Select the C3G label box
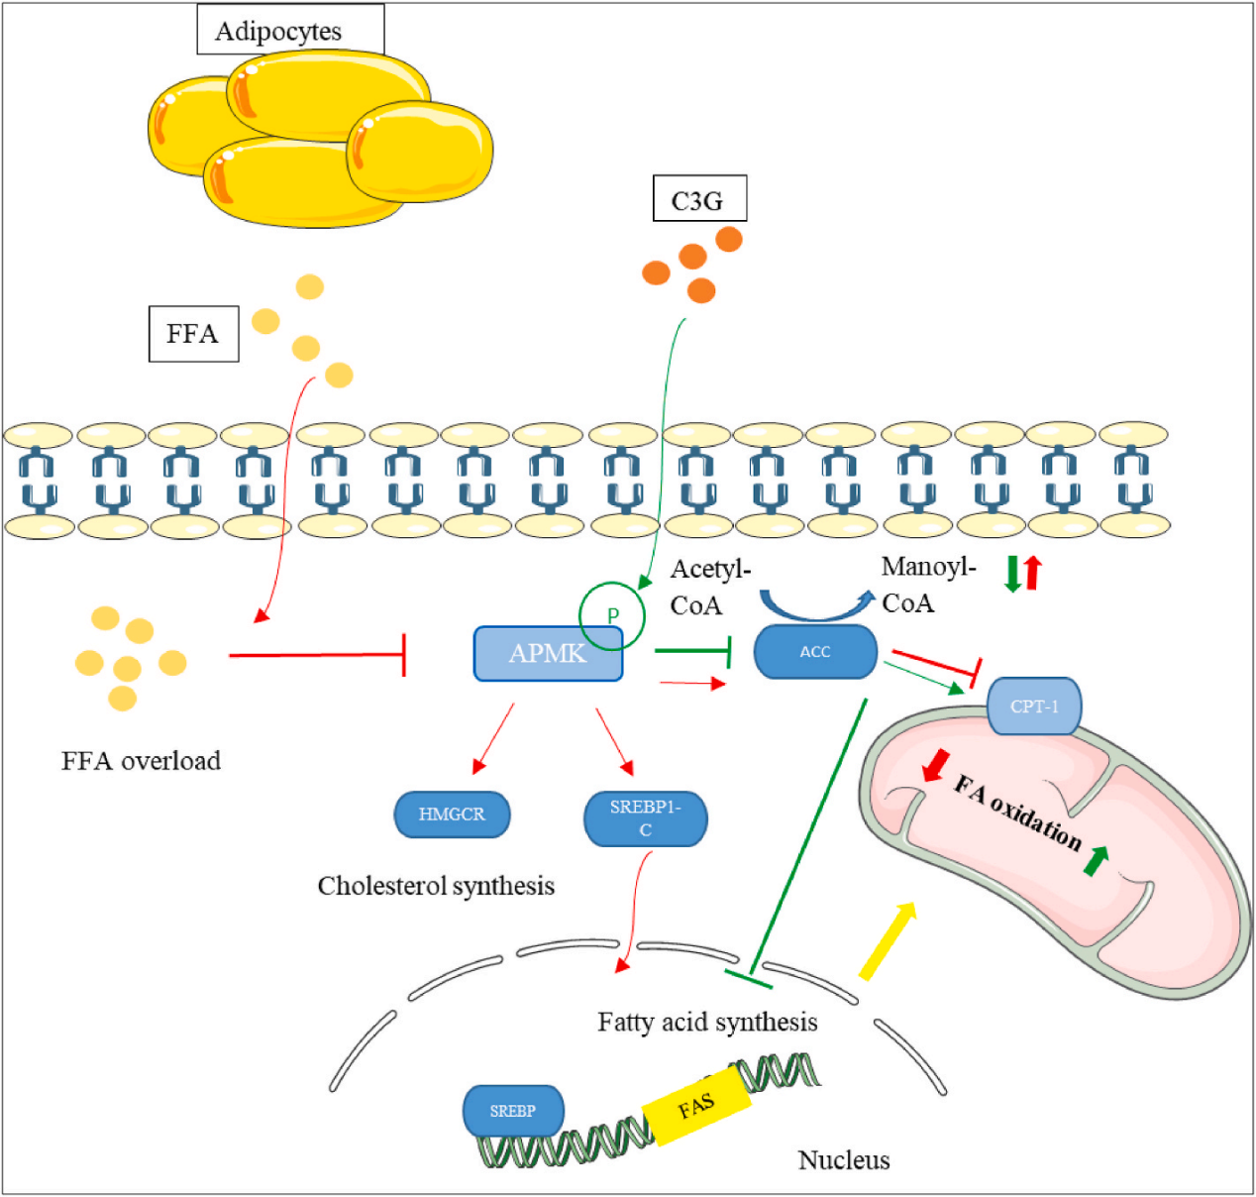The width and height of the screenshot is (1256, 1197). pyautogui.click(x=699, y=199)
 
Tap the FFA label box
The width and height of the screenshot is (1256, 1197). pyautogui.click(x=193, y=333)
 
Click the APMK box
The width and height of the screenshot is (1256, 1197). pyautogui.click(x=548, y=653)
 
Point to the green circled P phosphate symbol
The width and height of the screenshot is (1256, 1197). pyautogui.click(x=612, y=615)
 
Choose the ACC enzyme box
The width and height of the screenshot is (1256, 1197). pyautogui.click(x=815, y=651)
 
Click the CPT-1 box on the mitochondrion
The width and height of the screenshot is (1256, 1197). pyautogui.click(x=1034, y=707)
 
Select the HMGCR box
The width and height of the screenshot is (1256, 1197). pyautogui.click(x=452, y=815)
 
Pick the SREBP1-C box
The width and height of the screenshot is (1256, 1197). pyautogui.click(x=645, y=818)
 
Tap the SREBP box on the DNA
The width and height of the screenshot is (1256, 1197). pyautogui.click(x=513, y=1111)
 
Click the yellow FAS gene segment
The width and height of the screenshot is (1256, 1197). pyautogui.click(x=696, y=1106)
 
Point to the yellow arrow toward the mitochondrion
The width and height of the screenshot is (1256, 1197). pyautogui.click(x=887, y=941)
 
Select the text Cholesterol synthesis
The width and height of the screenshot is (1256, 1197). pyautogui.click(x=436, y=885)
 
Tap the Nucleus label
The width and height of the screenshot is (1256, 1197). pyautogui.click(x=844, y=1159)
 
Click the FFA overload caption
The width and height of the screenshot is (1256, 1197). pyautogui.click(x=141, y=761)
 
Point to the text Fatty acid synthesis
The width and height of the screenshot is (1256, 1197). pyautogui.click(x=707, y=1022)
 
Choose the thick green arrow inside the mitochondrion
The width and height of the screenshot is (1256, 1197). pyautogui.click(x=1095, y=860)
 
